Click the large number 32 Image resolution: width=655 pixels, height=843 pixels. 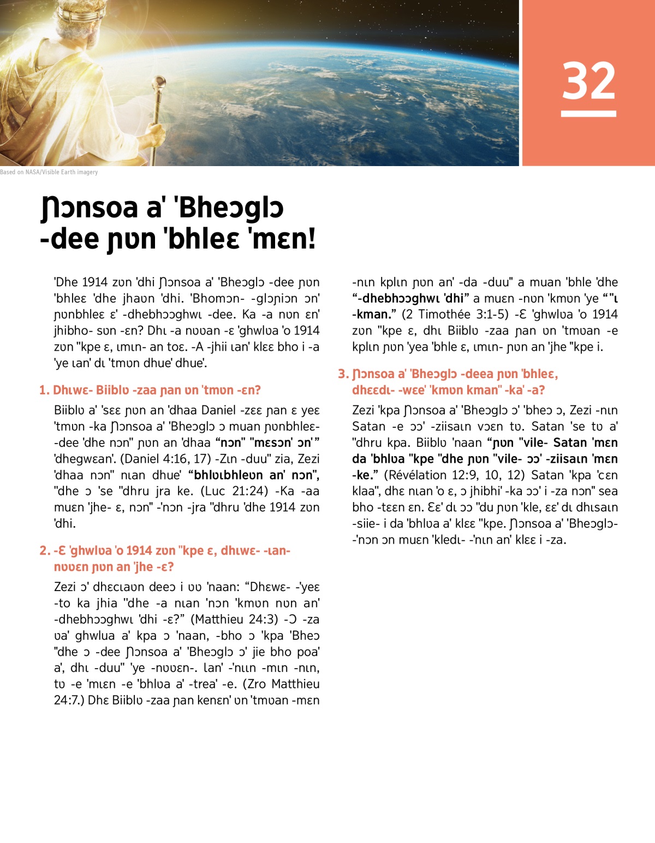pos(588,81)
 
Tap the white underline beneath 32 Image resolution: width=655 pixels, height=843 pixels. pos(588,114)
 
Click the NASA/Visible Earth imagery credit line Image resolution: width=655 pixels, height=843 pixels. pos(49,172)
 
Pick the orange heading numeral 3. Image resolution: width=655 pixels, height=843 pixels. pos(342,374)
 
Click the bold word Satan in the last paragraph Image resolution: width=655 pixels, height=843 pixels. pos(570,443)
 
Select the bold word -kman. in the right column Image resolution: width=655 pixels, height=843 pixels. pos(370,314)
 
